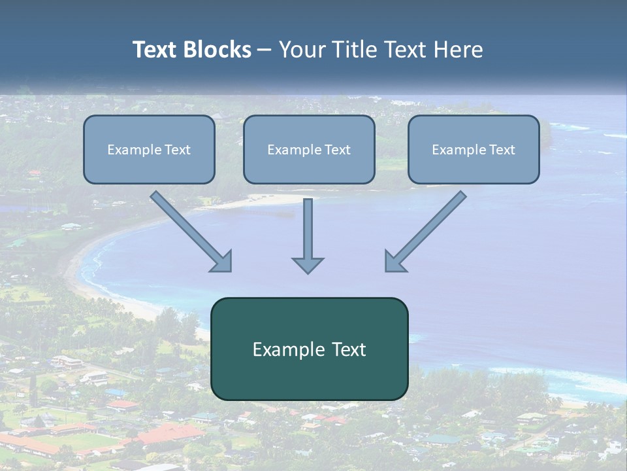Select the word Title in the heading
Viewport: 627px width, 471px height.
pos(359,50)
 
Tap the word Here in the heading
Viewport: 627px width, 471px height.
pos(458,50)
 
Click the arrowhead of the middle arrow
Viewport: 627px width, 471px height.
pos(308,264)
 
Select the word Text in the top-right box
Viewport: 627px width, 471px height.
pos(502,150)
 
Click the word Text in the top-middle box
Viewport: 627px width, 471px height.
pos(337,150)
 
